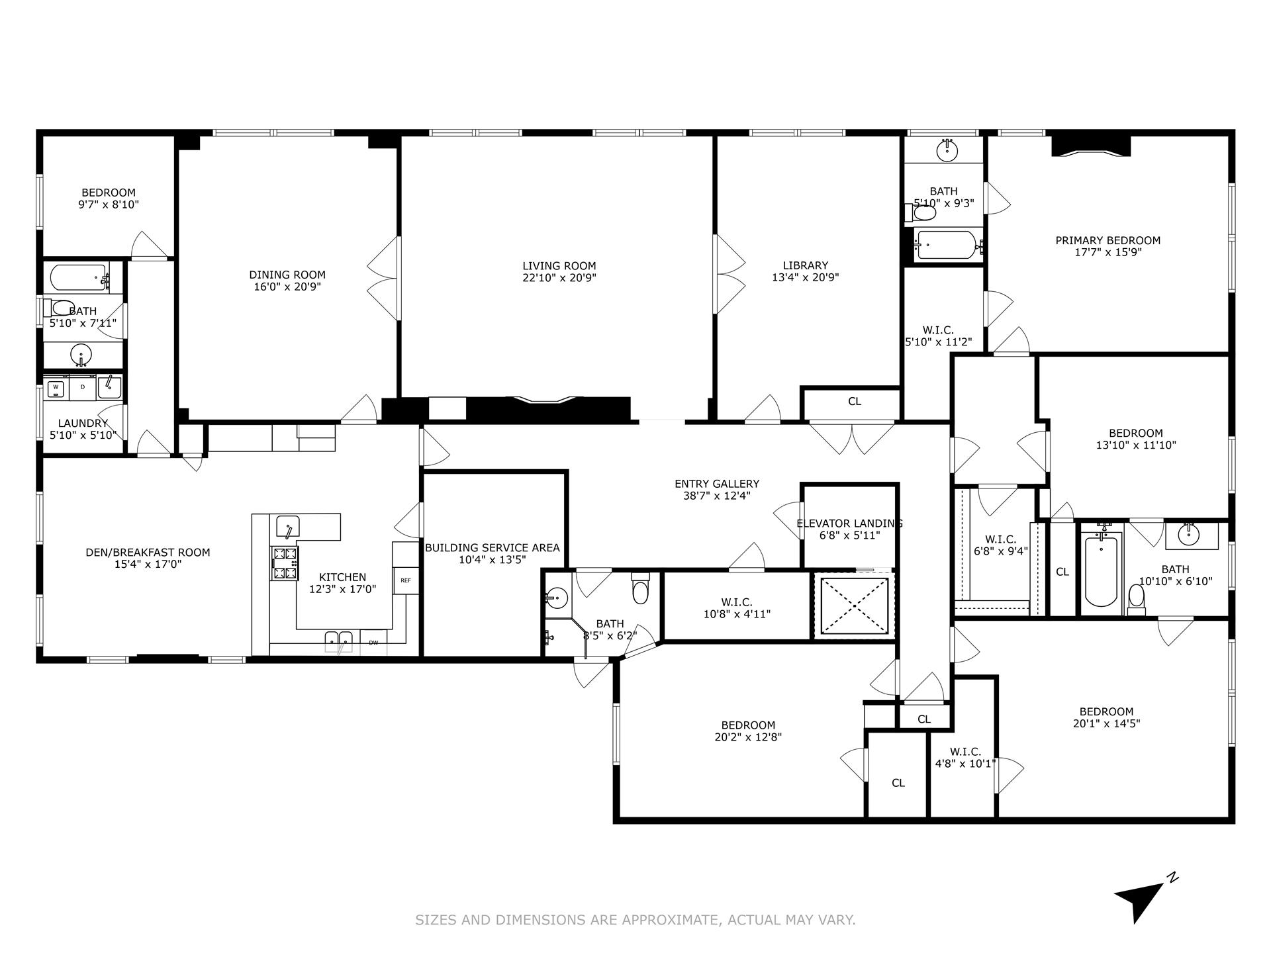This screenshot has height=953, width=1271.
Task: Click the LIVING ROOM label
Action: point(559,266)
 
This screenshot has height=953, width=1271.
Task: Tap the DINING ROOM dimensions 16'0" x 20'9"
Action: point(287,287)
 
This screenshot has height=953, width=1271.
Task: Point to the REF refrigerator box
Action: point(405,580)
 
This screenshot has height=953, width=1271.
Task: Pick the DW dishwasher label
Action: point(373,642)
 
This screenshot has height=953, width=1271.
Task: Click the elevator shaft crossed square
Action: point(854,606)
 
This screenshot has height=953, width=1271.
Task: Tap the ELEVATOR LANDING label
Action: point(849,523)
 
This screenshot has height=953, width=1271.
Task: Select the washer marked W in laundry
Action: point(56,387)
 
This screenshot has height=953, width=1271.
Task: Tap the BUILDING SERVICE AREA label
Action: point(492,548)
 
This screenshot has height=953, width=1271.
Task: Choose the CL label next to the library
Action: point(854,402)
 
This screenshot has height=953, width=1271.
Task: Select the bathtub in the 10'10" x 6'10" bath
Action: point(1100,572)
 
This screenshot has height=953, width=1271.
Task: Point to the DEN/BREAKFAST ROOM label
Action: point(148,553)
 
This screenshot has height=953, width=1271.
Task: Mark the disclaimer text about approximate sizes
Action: point(635,920)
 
